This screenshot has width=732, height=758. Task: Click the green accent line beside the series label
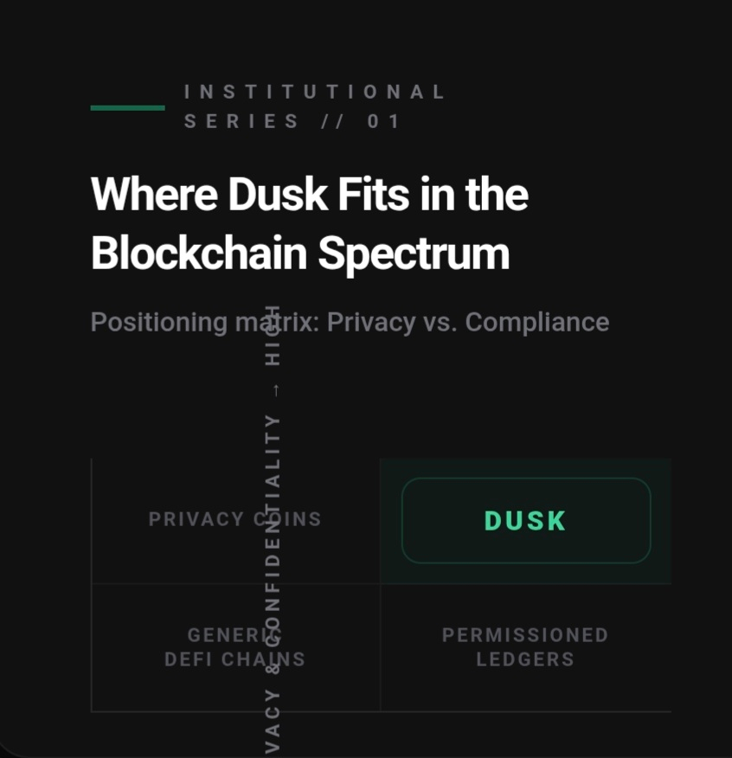(127, 107)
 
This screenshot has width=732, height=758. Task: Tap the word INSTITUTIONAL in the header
(315, 92)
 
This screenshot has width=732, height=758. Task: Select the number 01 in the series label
(383, 121)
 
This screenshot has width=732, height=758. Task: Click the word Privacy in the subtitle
(371, 323)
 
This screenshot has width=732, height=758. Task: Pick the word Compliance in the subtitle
(536, 323)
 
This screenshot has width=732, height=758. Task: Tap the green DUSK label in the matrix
(525, 521)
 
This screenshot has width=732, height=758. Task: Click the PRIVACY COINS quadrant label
(234, 519)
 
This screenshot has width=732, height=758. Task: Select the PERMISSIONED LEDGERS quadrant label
(525, 647)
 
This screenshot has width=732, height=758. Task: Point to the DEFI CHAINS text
(234, 659)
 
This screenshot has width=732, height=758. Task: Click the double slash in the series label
(332, 121)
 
